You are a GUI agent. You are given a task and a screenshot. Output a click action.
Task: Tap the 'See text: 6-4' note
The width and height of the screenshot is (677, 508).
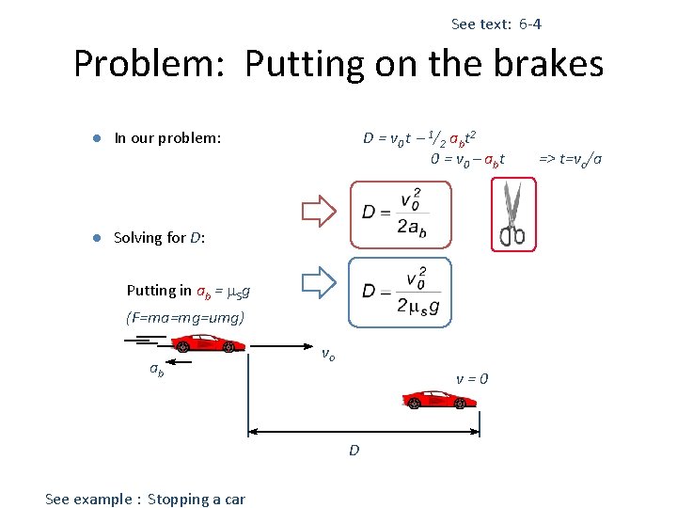tap(496, 24)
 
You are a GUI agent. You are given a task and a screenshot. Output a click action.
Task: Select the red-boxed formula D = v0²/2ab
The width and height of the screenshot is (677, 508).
tap(399, 215)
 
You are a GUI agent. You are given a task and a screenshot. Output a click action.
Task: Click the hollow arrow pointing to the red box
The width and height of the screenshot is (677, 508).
tap(320, 212)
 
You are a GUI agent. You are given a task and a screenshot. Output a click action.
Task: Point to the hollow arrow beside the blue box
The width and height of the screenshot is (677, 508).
tap(320, 282)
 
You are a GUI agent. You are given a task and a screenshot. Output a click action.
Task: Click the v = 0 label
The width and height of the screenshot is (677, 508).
tap(472, 379)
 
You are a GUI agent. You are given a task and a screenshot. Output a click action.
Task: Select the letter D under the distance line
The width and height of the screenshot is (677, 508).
tap(354, 451)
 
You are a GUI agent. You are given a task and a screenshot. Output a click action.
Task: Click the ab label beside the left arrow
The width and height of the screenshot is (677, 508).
tap(157, 370)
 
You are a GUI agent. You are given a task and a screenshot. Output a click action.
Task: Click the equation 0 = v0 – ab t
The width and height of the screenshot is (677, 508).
tap(467, 158)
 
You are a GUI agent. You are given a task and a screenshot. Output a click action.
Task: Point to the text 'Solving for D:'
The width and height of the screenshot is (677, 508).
tap(159, 237)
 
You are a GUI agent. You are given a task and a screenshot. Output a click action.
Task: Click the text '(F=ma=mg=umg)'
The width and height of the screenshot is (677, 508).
tap(185, 318)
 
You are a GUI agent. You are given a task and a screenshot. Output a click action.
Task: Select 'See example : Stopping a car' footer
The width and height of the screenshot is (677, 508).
tap(145, 499)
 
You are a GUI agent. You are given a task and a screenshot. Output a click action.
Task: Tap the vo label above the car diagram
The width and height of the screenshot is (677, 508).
tap(328, 355)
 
